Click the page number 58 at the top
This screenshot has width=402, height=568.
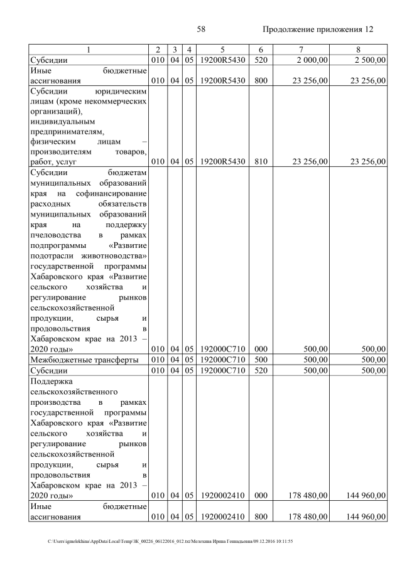pyautogui.click(x=201, y=29)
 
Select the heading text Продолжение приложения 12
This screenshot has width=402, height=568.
pyautogui.click(x=318, y=29)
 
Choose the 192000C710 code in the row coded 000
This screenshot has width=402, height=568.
pyautogui.click(x=223, y=349)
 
